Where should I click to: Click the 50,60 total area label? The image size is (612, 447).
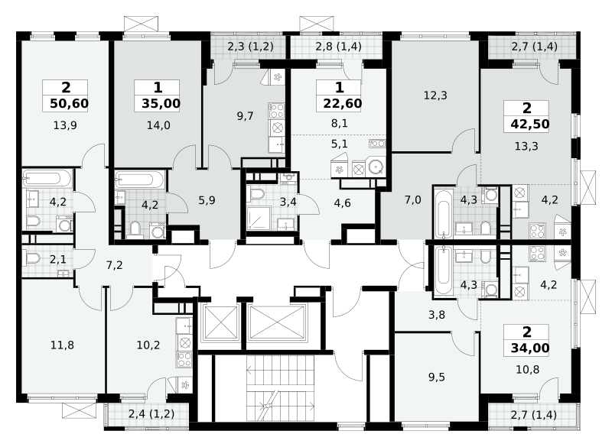coord(70,104)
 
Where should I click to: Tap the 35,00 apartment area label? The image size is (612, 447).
coord(161,104)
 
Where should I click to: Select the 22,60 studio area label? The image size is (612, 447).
coord(343,104)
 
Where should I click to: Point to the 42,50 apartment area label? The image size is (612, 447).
coord(530,125)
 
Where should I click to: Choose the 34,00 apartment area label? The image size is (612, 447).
coord(530,348)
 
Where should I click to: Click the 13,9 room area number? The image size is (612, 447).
coord(65,125)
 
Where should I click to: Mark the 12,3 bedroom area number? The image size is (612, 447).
coord(435,96)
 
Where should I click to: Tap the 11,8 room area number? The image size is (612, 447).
coord(63,345)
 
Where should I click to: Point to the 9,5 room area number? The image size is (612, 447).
coord(437,377)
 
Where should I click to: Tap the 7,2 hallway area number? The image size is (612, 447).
coord(114,265)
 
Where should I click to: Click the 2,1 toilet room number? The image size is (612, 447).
coord(58,260)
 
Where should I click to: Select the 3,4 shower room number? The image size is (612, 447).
coord(288,202)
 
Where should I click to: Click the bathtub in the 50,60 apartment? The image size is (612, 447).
coord(47,179)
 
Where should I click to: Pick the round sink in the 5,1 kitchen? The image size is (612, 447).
coord(376,167)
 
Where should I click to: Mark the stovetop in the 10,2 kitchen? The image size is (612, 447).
coord(184,359)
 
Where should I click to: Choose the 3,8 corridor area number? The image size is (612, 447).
coord(437,315)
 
